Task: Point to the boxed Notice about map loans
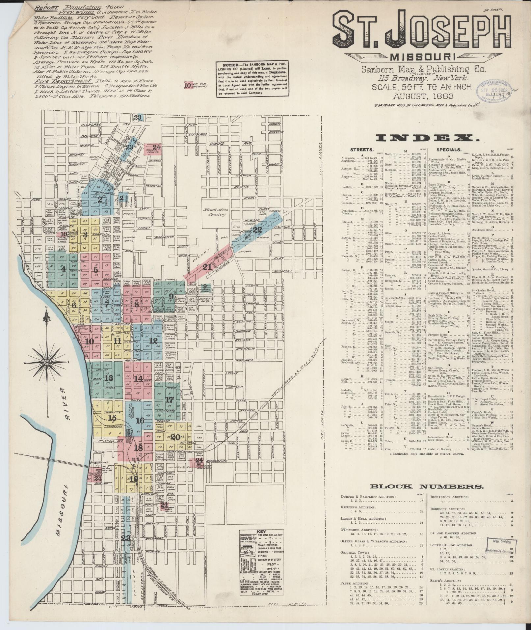252,79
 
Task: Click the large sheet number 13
109,378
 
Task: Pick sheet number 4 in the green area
63,268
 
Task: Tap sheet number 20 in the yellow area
175,437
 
